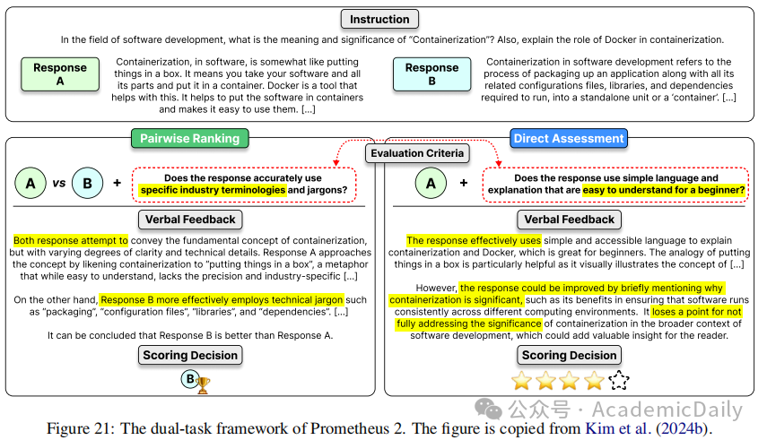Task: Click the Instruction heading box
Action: pos(380,18)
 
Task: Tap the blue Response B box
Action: pos(431,74)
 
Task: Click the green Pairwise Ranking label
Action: pos(189,138)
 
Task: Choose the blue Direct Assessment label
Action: pos(568,138)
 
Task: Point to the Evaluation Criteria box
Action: pos(418,153)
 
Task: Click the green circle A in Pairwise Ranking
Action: pos(31,183)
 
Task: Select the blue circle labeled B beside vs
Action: pos(87,183)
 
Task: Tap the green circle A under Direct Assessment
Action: pos(431,183)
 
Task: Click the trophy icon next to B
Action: pos(204,385)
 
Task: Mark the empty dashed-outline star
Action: pos(619,381)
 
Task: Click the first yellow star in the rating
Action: pos(521,381)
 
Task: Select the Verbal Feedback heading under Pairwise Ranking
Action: pos(190,220)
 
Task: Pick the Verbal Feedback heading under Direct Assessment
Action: pos(569,220)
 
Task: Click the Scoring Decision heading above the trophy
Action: pos(190,356)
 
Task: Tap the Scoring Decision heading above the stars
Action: pos(569,356)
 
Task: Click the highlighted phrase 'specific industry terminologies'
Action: pos(213,190)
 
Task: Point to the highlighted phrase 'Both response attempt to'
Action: pos(71,240)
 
